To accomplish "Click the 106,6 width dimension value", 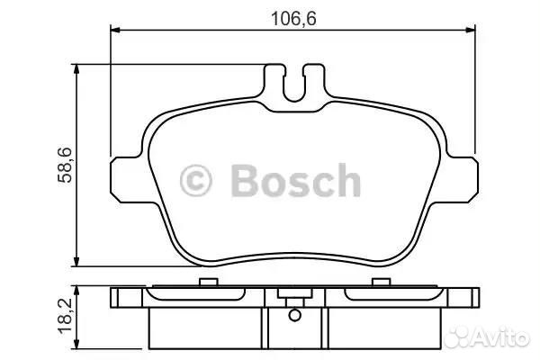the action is coord(293,19).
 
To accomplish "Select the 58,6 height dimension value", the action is coord(65,165).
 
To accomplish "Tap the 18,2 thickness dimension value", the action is coord(65,316).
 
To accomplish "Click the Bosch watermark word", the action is coord(296,180).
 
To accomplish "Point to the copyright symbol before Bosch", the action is coord(195,181).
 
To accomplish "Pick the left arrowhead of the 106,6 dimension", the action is coord(115,31).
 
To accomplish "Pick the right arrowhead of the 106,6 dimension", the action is coord(471,31).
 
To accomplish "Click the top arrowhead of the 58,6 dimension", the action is coord(76,69).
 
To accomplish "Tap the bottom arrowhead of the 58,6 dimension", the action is coord(76,262).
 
